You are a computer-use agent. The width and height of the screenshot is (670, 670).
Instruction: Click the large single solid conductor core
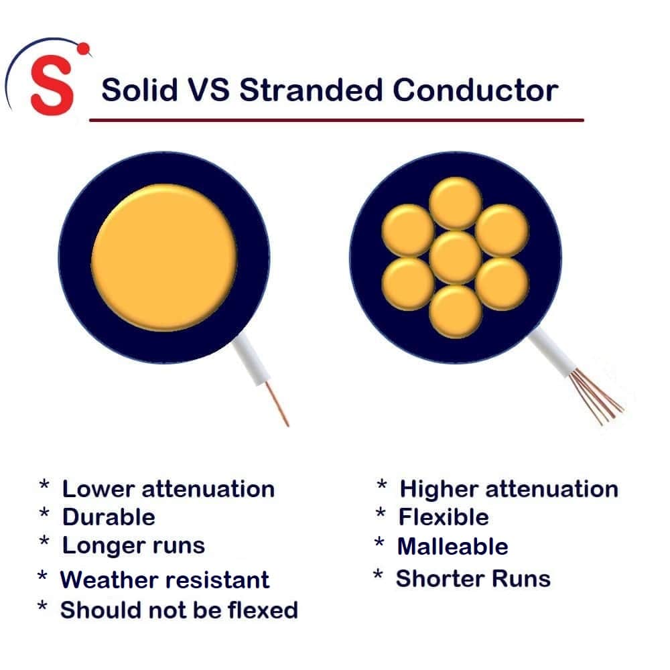[163, 258]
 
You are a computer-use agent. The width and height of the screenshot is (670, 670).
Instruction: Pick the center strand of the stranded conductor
[456, 258]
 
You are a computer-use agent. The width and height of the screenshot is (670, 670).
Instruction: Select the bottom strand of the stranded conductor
[456, 312]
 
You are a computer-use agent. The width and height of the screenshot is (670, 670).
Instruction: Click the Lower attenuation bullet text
[168, 489]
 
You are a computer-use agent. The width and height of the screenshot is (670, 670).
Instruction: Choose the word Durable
[109, 517]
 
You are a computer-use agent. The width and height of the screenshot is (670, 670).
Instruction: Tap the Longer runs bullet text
[133, 545]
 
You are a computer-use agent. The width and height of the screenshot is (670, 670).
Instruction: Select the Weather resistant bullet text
[165, 580]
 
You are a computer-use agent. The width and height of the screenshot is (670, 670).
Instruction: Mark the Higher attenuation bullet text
[509, 489]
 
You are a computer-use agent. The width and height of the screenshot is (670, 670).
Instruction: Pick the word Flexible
[444, 517]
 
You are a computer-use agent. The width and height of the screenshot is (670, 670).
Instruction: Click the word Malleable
[453, 547]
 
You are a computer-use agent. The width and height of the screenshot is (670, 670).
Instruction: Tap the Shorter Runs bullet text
[473, 578]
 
